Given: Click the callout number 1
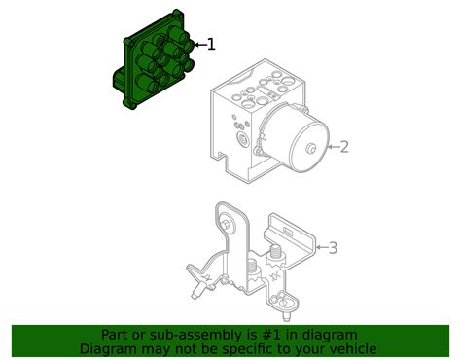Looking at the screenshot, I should [x=211, y=44].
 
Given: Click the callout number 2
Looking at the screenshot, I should [x=343, y=147].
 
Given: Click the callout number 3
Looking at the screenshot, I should [x=333, y=248].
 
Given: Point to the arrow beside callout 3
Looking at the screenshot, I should [x=319, y=248].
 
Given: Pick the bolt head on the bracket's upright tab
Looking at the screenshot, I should [x=226, y=227].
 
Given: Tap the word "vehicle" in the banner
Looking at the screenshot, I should [x=350, y=348].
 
